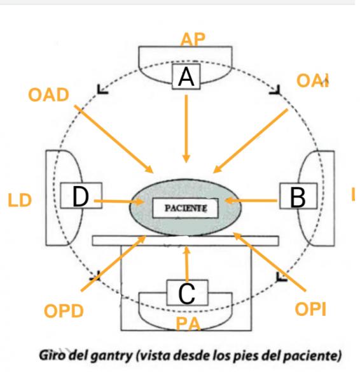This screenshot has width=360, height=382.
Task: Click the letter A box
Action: tap(186, 76)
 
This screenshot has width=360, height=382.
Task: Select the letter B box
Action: tap(298, 196)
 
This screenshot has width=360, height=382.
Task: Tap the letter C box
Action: tap(187, 293)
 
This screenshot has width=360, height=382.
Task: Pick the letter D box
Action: tap(81, 195)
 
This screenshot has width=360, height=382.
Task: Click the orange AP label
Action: tap(193, 39)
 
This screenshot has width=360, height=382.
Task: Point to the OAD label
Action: tap(49, 95)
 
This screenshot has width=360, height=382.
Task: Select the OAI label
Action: tap(313, 81)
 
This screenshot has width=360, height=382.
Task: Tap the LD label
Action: tap(20, 201)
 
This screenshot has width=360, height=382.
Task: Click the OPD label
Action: tap(64, 311)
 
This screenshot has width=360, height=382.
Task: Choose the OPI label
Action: tap(310, 309)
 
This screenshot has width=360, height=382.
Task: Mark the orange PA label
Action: tap(188, 324)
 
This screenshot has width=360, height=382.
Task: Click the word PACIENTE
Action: tap(186, 208)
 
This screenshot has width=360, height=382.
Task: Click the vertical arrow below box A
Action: tap(186, 129)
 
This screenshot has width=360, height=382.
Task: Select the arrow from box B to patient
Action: tap(251, 201)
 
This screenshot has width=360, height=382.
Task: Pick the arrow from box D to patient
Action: tap(119, 201)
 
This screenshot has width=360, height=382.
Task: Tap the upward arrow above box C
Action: tap(187, 264)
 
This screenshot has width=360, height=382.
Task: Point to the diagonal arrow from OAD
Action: tap(114, 139)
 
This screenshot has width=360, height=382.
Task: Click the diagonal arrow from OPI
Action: tap(270, 262)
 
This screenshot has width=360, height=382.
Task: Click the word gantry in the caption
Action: tap(111, 356)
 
